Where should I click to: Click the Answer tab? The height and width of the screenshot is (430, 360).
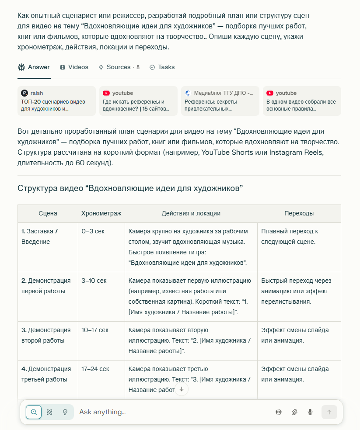[34, 67]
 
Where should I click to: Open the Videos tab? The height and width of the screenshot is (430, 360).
[74, 67]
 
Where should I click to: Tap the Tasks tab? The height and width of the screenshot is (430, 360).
[162, 67]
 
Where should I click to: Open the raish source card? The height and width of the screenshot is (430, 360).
[56, 101]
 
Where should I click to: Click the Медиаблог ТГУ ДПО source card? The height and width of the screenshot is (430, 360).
[220, 101]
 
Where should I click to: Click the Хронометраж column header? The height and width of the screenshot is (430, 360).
[101, 214]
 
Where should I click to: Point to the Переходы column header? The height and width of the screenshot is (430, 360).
[299, 214]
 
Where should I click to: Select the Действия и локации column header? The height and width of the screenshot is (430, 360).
[191, 214]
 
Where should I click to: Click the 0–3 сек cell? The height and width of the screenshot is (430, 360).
[93, 231]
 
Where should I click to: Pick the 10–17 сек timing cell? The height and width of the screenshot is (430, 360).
[95, 330]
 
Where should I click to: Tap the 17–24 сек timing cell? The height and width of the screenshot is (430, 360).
[95, 369]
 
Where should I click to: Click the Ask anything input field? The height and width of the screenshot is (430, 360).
[171, 412]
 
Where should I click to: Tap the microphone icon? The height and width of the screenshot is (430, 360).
[310, 412]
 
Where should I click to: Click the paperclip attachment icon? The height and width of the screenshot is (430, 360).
[294, 412]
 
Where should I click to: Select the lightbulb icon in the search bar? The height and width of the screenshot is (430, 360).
[65, 412]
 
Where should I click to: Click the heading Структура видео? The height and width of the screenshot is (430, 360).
[130, 189]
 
